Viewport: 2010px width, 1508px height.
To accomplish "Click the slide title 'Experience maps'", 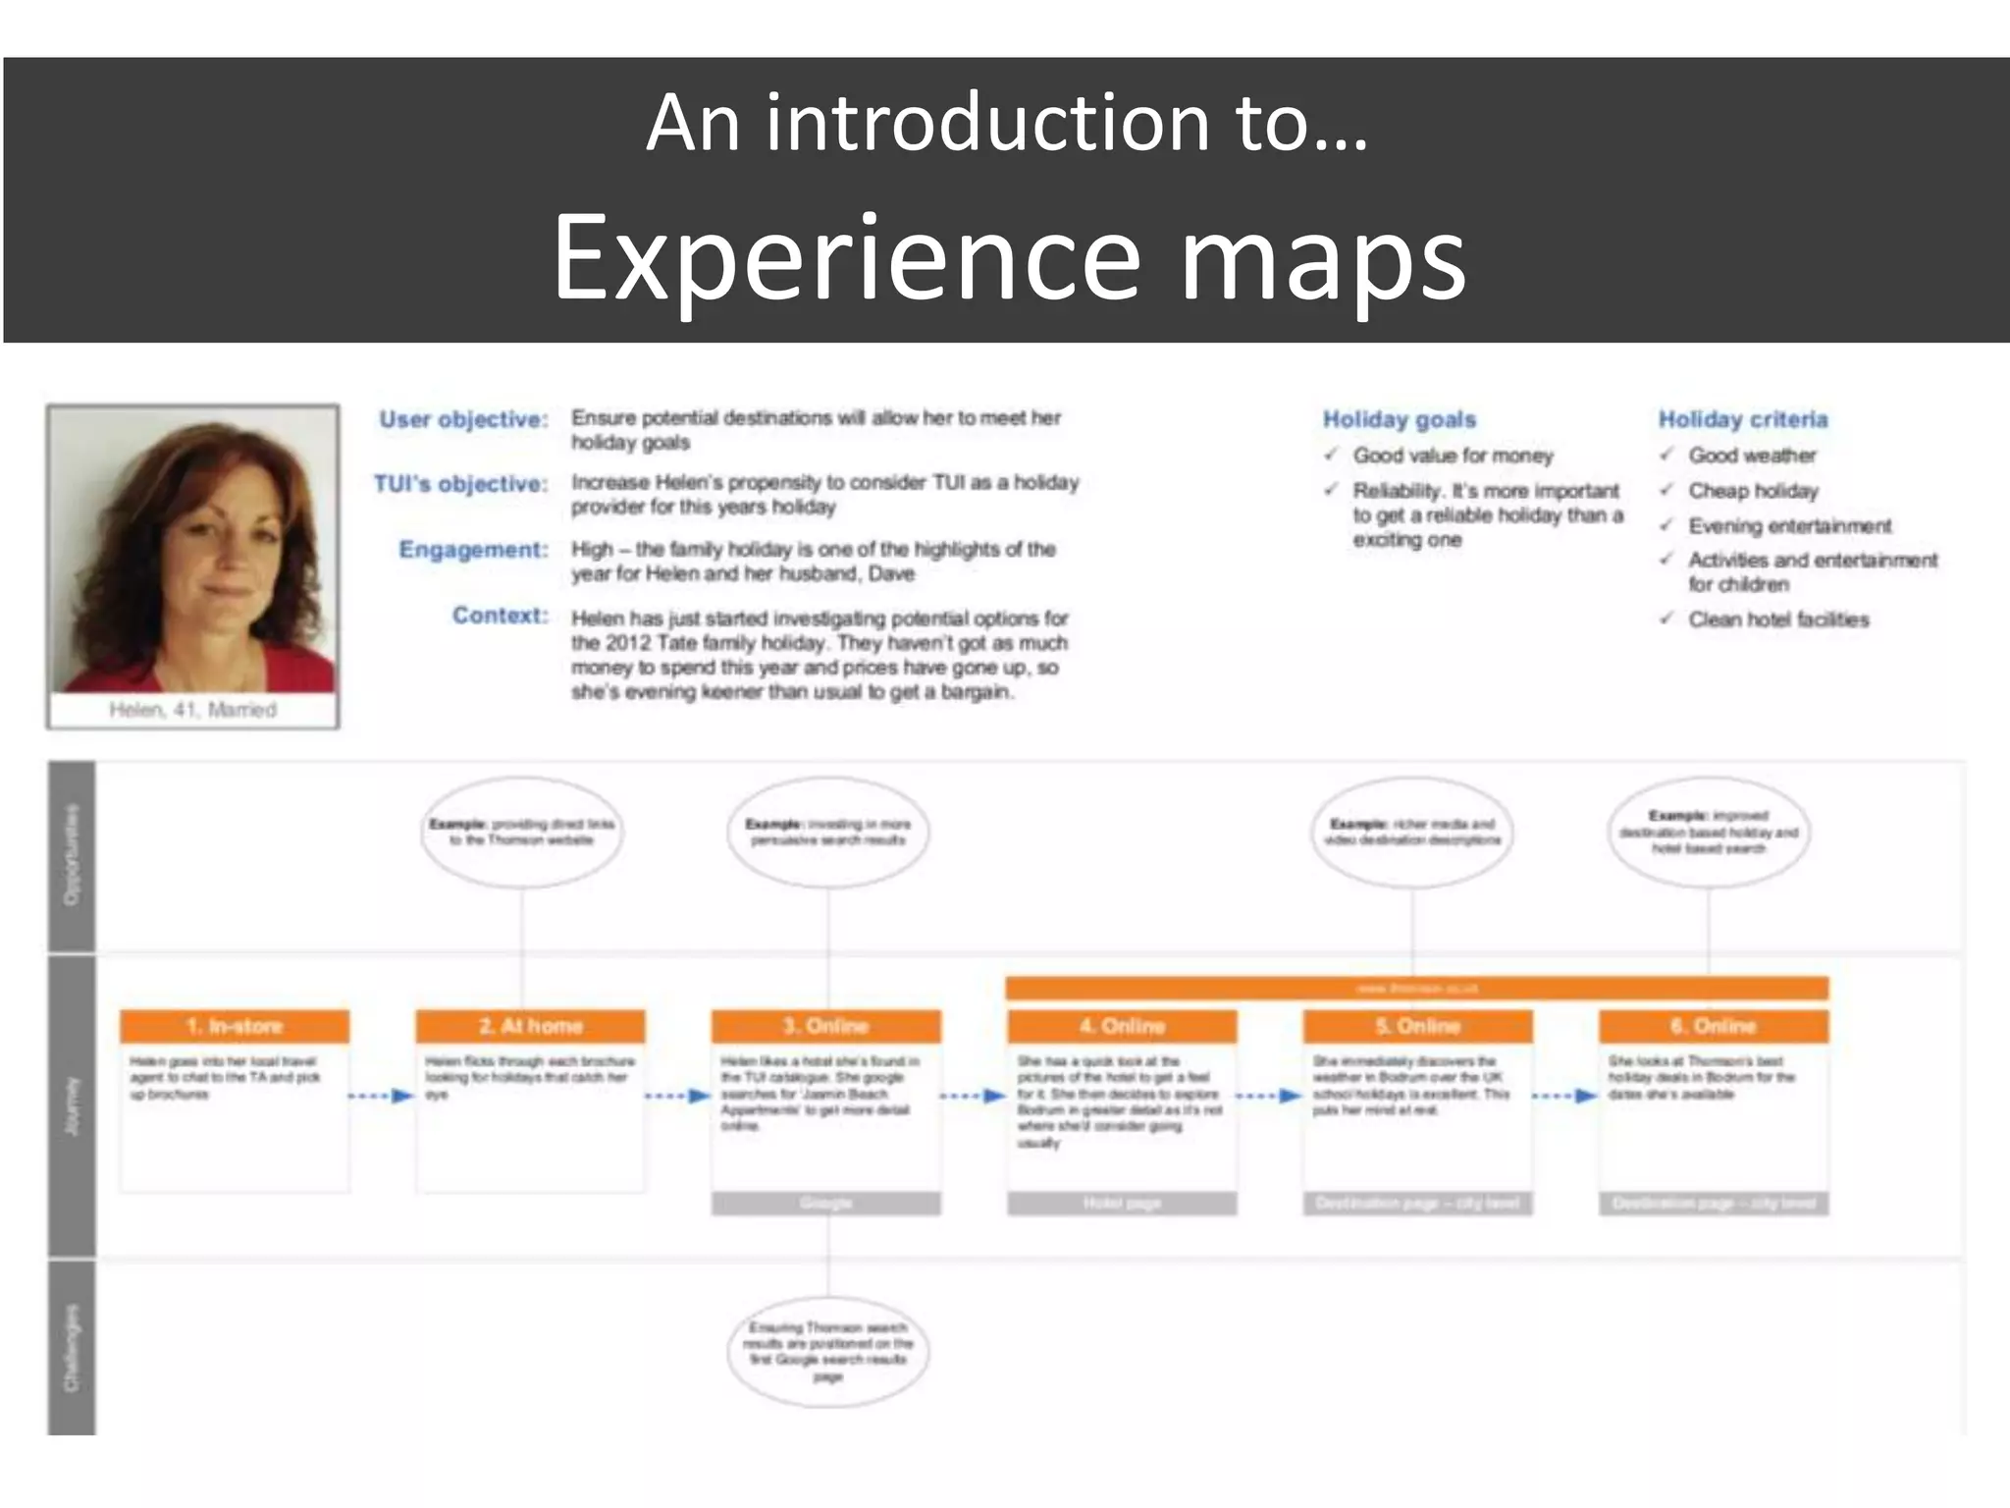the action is click(1008, 257).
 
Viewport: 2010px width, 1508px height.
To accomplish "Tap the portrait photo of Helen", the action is click(193, 550).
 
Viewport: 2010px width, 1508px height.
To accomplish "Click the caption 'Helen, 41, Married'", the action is click(192, 710).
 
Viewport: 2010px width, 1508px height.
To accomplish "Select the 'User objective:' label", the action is click(463, 419).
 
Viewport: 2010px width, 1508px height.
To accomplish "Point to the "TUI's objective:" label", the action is click(460, 484).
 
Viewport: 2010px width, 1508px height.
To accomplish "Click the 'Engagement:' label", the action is click(472, 550).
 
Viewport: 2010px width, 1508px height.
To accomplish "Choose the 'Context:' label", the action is click(500, 616).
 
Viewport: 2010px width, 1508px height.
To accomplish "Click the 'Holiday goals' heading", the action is click(1399, 419).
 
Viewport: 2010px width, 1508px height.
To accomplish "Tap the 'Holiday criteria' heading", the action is click(1742, 419).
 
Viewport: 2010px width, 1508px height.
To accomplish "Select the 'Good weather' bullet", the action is click(1751, 456).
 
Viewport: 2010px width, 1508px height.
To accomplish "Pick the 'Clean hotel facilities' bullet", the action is click(1777, 619).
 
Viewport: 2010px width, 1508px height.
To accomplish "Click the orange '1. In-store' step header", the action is click(235, 1026).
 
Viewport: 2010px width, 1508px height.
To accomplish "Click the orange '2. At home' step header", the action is click(530, 1026).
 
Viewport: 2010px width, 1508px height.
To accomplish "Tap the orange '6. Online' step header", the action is click(1713, 1026).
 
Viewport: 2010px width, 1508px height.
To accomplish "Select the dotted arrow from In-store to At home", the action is click(382, 1096).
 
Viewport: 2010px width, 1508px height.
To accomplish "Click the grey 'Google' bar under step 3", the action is click(825, 1204).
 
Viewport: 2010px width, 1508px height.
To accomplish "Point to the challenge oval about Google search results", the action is click(827, 1351).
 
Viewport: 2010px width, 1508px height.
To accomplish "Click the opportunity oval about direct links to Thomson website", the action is click(521, 832).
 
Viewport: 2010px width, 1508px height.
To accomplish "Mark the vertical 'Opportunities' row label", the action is click(72, 854).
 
